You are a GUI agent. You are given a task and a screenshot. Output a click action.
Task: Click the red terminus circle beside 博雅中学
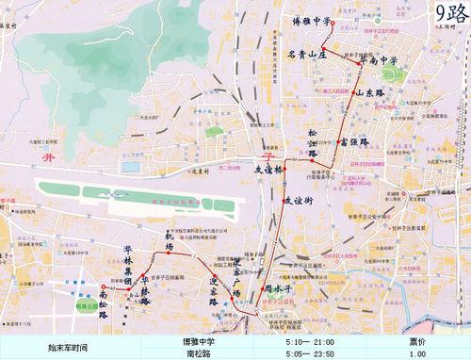[333, 20]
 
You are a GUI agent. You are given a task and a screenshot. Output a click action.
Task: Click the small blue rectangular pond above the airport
[130, 167]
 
